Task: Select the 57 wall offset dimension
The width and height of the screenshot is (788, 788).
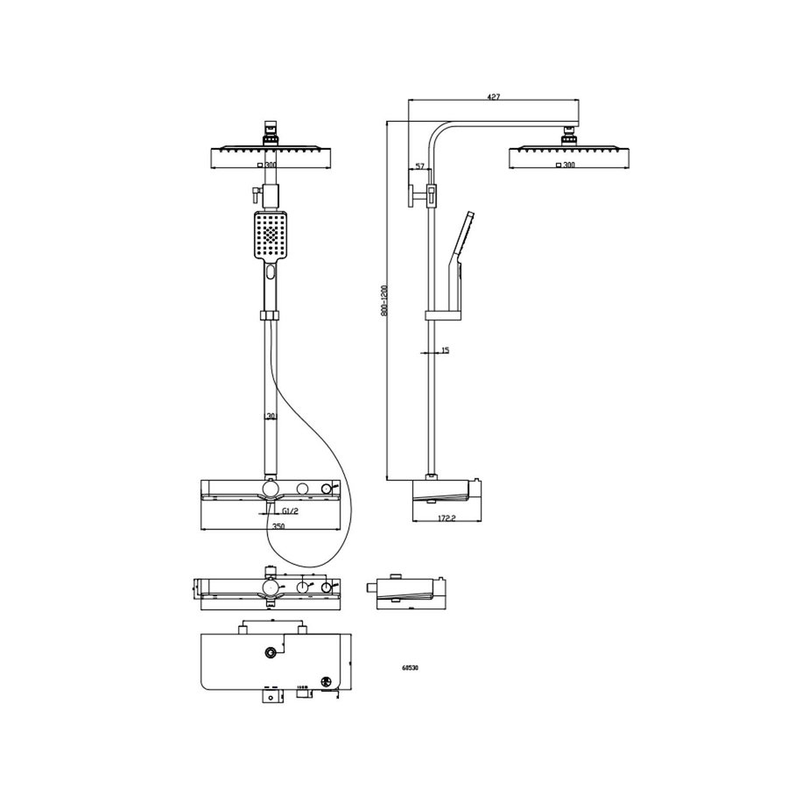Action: (x=419, y=165)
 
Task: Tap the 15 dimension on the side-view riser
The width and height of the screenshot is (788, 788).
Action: (x=446, y=350)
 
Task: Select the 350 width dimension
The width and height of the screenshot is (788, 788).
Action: (x=278, y=526)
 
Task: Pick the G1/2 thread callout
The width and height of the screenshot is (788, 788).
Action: (x=290, y=511)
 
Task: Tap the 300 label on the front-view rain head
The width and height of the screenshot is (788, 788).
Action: (x=270, y=165)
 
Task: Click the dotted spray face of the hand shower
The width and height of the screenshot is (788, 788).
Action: (x=270, y=235)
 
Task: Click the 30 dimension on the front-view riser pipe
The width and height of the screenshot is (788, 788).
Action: (x=271, y=417)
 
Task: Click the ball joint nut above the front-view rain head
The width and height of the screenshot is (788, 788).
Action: (x=271, y=134)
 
